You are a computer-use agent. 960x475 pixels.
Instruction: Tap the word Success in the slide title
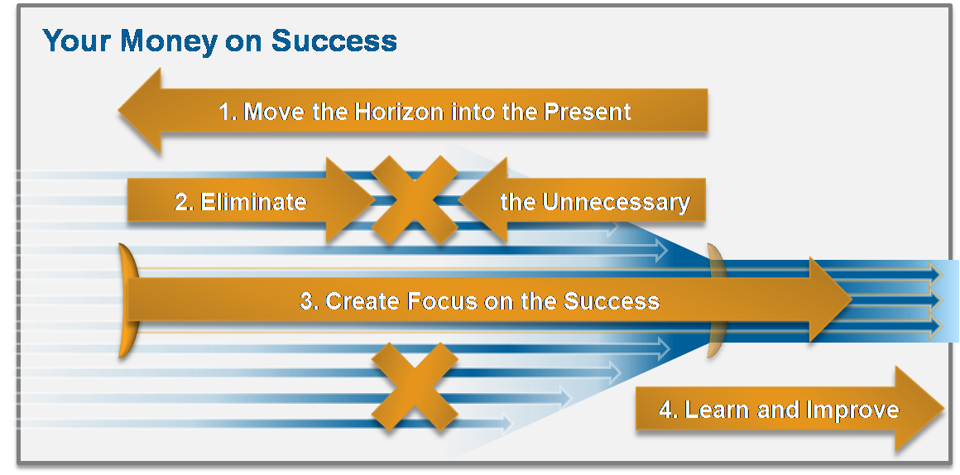click(334, 41)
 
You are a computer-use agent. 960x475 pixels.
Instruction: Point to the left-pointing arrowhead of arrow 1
click(140, 110)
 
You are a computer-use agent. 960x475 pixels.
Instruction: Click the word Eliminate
click(253, 201)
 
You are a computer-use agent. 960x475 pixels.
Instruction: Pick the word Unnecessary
click(617, 201)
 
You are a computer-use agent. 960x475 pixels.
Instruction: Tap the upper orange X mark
click(415, 199)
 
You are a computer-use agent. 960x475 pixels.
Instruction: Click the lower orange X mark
click(415, 386)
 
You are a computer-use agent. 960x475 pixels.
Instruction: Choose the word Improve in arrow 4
click(852, 410)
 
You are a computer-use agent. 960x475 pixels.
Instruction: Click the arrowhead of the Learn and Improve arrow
click(919, 408)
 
